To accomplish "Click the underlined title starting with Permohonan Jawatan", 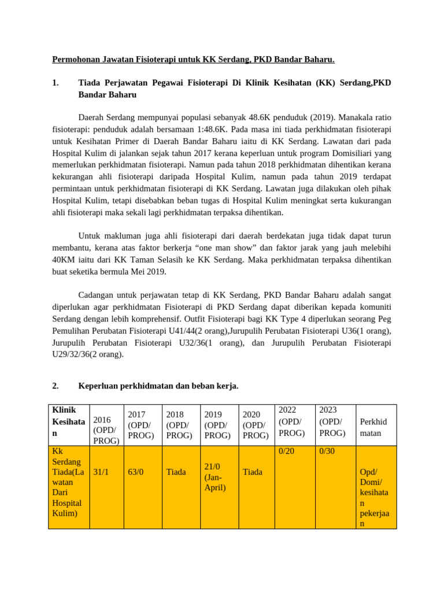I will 194,60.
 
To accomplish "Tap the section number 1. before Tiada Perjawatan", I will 55,83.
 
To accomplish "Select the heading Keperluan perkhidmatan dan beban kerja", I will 158,386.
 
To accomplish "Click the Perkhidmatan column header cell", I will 375,427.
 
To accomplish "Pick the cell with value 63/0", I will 136,472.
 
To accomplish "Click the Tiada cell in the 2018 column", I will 176,472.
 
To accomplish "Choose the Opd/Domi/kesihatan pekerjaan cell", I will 375,498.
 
